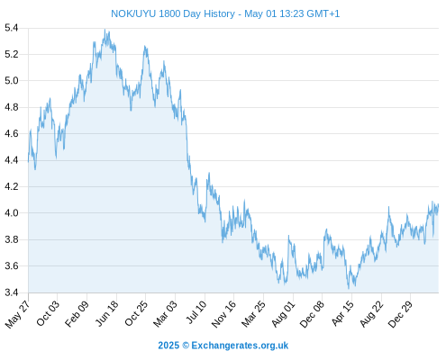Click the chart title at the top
point(225,13)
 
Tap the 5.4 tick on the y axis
point(12,28)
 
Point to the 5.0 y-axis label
point(12,81)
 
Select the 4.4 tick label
point(12,160)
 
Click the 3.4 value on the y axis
point(12,292)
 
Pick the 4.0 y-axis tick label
point(12,213)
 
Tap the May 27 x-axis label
point(18,313)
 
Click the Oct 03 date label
point(48,313)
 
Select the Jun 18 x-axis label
point(107,313)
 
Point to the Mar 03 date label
point(165,313)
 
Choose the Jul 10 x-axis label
point(196,312)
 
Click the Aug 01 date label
point(283,313)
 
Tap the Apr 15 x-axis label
point(343,313)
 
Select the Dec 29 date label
point(400,313)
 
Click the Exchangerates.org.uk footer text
point(240,346)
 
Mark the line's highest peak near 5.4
point(105,30)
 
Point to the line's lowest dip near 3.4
point(349,289)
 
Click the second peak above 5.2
point(145,46)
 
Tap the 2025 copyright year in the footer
point(168,346)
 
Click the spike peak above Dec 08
point(326,229)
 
